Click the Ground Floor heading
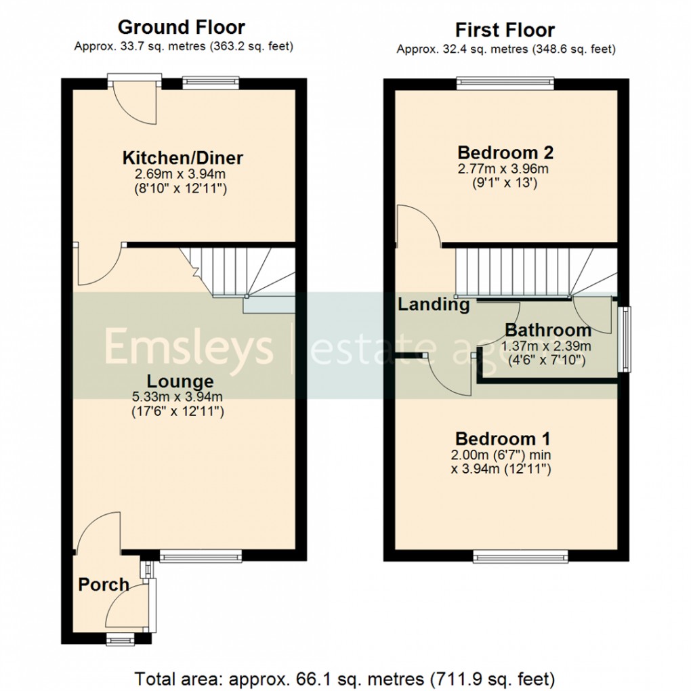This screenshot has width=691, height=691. [181, 27]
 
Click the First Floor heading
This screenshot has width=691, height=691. [505, 30]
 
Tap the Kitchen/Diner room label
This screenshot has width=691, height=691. [182, 158]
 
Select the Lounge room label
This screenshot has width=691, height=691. [180, 381]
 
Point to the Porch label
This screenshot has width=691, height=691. [104, 584]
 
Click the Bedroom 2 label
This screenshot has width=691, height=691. [501, 152]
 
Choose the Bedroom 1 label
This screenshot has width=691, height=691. [502, 438]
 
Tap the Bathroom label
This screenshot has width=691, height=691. [548, 331]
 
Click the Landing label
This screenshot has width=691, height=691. [434, 305]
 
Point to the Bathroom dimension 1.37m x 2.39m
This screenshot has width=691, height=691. [546, 345]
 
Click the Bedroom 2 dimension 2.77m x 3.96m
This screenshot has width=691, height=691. [501, 168]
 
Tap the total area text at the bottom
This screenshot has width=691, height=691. [345, 677]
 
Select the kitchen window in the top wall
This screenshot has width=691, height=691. [211, 83]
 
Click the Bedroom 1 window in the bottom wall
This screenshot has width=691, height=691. [520, 557]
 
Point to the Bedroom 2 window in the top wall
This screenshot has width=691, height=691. [505, 83]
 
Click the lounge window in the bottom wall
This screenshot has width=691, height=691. [201, 557]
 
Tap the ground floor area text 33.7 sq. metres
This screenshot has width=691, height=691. [183, 47]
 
